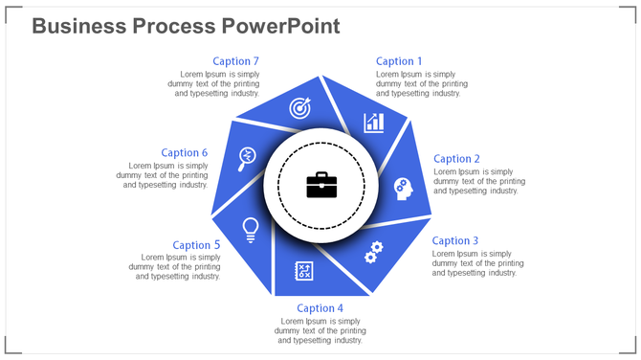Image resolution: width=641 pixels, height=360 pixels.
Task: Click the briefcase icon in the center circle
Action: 321,185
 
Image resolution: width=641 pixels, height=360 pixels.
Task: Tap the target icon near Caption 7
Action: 300,109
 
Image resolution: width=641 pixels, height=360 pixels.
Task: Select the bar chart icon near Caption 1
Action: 373,123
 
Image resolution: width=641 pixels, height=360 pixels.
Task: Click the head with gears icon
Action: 404,189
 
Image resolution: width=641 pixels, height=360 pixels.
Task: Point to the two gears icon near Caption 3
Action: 373,252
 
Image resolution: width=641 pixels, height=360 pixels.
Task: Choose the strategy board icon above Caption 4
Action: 305,272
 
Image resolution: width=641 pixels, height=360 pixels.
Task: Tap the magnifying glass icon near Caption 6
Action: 247,157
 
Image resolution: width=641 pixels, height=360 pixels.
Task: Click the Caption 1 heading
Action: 395,62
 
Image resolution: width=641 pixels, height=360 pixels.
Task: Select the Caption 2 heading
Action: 457,159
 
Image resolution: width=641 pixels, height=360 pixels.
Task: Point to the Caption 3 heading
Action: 455,241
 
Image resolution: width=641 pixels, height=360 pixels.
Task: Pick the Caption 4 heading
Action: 320,308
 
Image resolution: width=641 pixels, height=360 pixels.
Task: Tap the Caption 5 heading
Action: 197,245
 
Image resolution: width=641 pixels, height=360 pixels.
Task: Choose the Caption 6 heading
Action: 185,152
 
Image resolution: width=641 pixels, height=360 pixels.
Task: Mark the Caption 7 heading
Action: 236,62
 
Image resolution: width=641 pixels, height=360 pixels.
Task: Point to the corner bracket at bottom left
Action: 11,348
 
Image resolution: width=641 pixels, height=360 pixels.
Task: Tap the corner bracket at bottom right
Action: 630,348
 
